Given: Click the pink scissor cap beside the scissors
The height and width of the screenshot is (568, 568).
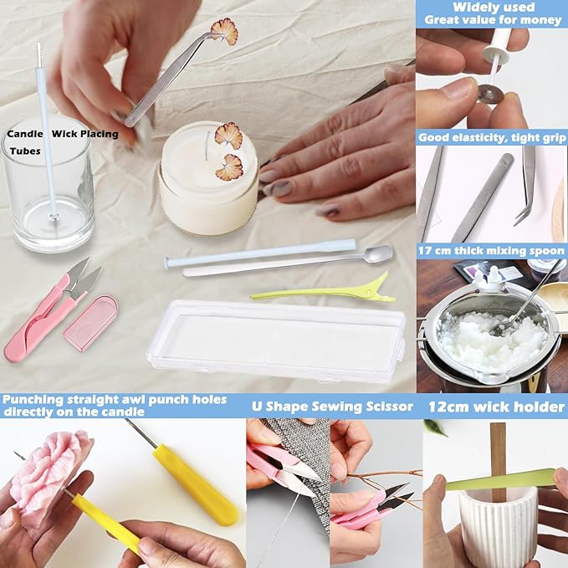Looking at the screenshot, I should (x=90, y=322).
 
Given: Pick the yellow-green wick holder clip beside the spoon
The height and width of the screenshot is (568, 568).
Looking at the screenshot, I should (x=323, y=290).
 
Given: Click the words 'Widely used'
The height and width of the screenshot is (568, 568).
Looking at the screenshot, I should (x=494, y=8).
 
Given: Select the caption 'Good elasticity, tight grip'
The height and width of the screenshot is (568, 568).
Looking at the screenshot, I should (x=492, y=137).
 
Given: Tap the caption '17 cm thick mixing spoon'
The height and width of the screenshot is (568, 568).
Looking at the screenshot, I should (x=492, y=249).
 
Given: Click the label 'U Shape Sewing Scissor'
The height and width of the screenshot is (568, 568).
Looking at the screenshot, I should (x=332, y=407).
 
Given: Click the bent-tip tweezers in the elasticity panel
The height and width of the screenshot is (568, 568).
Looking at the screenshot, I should (x=527, y=188).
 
